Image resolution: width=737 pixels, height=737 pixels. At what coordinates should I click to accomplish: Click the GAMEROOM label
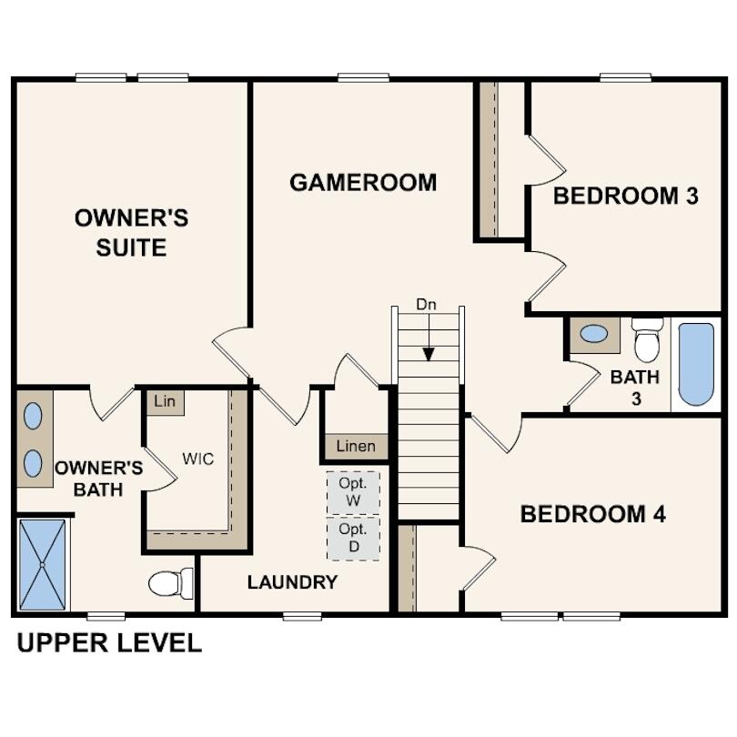click(363, 182)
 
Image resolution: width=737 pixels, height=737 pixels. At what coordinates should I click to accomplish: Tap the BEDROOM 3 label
click(626, 196)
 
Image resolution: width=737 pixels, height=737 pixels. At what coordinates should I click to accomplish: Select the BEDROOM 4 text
click(592, 514)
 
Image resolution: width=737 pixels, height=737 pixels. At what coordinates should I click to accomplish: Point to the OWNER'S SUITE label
click(131, 232)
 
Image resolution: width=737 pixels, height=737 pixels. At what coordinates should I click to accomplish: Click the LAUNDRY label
click(292, 582)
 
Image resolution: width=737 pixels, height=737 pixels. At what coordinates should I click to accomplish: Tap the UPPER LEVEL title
click(109, 643)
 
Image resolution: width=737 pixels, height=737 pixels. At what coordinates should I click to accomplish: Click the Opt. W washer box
click(353, 492)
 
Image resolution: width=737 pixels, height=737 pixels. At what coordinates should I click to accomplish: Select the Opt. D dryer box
click(353, 538)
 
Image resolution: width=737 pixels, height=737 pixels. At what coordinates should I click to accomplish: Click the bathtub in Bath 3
click(696, 364)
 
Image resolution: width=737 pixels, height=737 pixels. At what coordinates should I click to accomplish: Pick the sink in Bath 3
click(594, 334)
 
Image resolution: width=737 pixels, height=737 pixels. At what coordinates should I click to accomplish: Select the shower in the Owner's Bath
click(43, 565)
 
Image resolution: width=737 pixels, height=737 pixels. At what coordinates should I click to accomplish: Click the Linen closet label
click(356, 447)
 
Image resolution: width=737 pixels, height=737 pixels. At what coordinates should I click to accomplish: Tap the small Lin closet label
click(165, 401)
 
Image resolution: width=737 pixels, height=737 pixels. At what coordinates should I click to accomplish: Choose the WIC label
click(197, 459)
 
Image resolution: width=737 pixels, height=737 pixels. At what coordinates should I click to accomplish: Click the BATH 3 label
click(635, 387)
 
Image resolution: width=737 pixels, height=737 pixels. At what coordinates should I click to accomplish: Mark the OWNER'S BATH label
click(98, 479)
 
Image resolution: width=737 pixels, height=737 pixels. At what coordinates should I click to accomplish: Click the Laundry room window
click(301, 616)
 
